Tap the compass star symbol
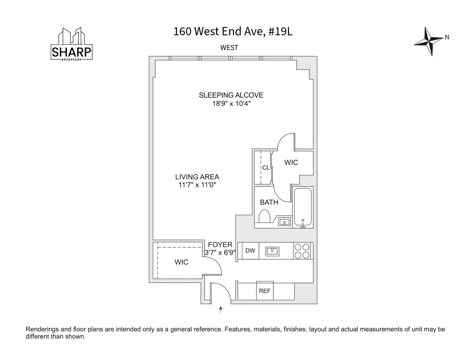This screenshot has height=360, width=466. pyautogui.click(x=428, y=41)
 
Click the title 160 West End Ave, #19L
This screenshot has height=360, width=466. pyautogui.click(x=233, y=32)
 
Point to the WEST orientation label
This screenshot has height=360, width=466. pyautogui.click(x=229, y=48)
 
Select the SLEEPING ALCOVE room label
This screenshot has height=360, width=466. pyautogui.click(x=231, y=95)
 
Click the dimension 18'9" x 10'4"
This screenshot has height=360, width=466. pyautogui.click(x=231, y=104)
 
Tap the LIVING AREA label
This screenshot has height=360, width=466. pyautogui.click(x=197, y=177)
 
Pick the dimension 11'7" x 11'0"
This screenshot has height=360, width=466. pyautogui.click(x=197, y=185)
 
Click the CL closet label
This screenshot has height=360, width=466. pyautogui.click(x=266, y=168)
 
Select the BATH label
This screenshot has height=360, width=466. pyautogui.click(x=269, y=202)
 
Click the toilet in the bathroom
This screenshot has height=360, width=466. pyautogui.click(x=264, y=217)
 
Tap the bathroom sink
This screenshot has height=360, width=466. pyautogui.click(x=284, y=222)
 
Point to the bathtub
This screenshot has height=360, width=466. pyautogui.click(x=303, y=207)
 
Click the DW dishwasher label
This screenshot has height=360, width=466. pyautogui.click(x=250, y=251)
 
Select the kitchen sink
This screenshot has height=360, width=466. pyautogui.click(x=272, y=251)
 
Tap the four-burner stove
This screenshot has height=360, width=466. pyautogui.click(x=302, y=251)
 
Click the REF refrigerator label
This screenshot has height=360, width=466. pyautogui.click(x=264, y=291)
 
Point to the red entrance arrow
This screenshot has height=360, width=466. pyautogui.click(x=221, y=309)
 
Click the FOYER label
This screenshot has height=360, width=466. pyautogui.click(x=220, y=244)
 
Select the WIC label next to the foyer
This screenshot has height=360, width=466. pyautogui.click(x=181, y=262)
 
